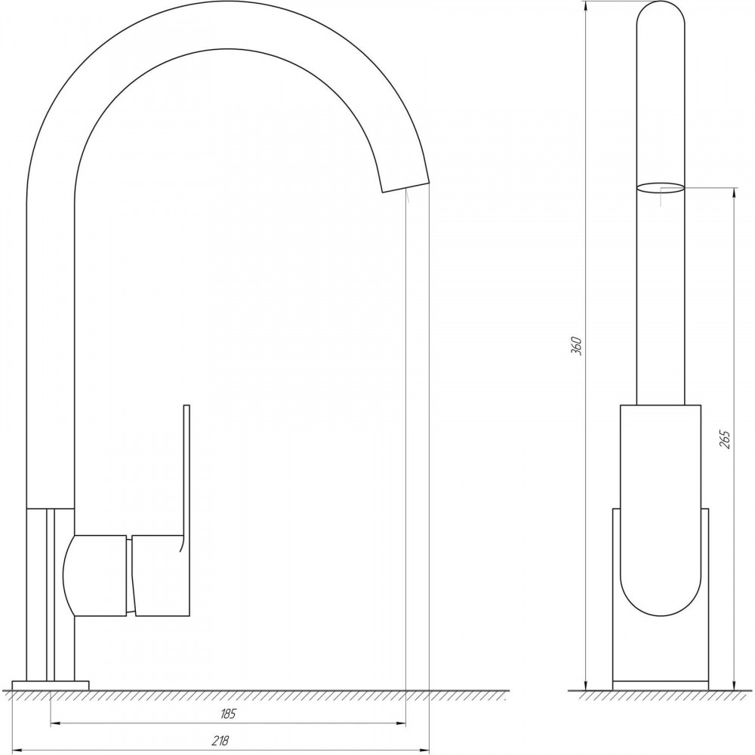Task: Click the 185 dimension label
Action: tap(228, 713)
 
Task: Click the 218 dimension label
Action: tap(220, 741)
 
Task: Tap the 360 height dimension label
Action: tap(576, 347)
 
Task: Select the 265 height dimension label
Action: tap(725, 439)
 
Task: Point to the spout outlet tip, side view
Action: tap(405, 186)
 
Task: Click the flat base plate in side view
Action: tap(51, 685)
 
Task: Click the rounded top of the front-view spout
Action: tap(661, 14)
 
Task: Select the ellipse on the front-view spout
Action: tap(661, 188)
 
